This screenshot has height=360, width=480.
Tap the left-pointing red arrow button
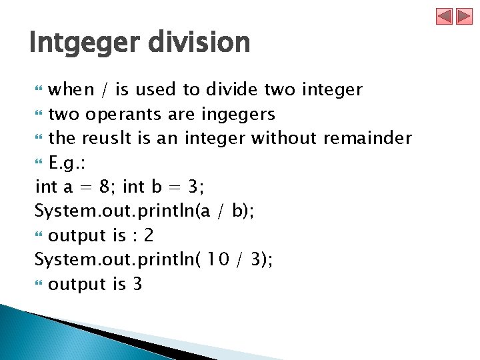[445, 16]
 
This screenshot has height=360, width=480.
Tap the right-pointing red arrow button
[464, 16]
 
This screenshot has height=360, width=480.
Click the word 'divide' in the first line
[231, 89]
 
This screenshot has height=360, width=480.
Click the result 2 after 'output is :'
[149, 235]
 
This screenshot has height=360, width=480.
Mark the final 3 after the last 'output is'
[137, 284]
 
